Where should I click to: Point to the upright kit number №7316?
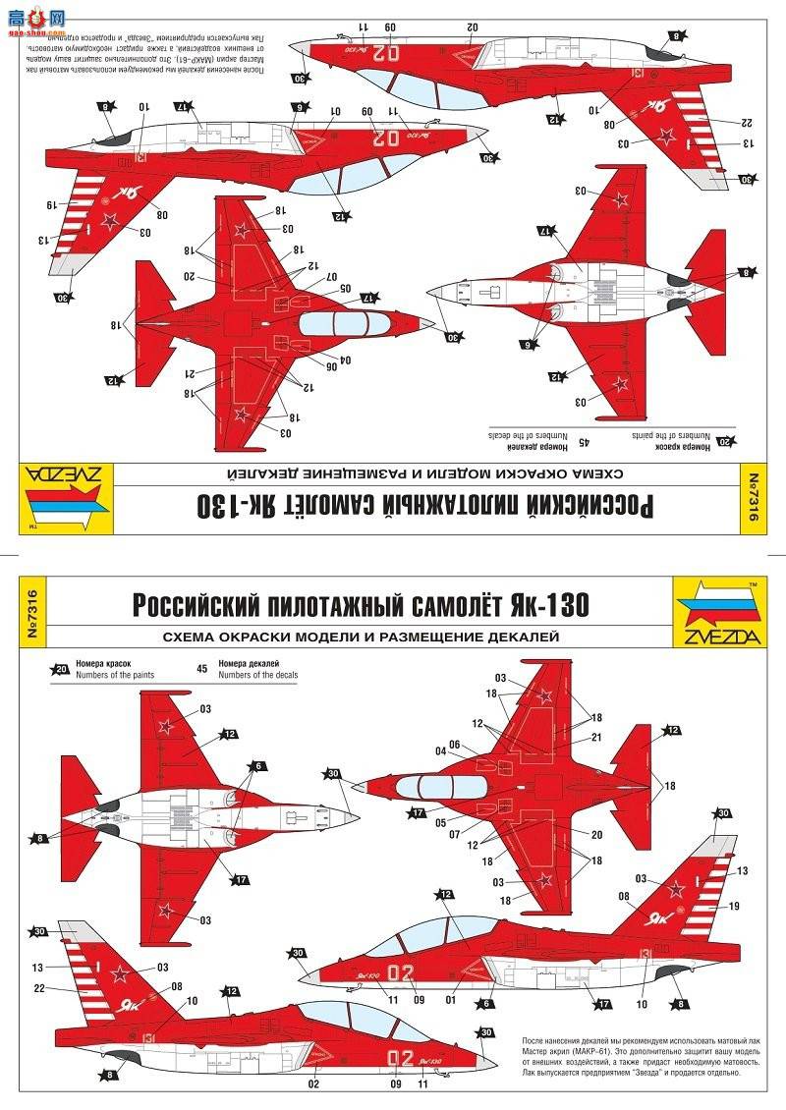(31, 611)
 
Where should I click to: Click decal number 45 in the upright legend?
(202, 670)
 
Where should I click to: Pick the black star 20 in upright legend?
(62, 670)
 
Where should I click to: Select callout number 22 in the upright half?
(37, 988)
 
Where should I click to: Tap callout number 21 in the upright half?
(596, 737)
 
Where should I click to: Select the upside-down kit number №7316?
(755, 502)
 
